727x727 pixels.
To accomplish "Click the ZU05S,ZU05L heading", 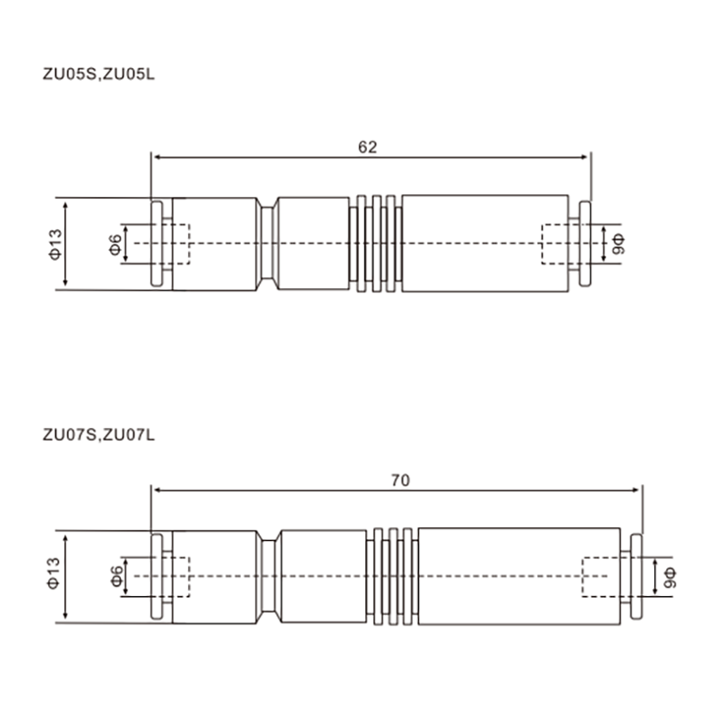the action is (98, 75).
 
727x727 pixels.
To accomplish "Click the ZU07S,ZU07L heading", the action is (98, 435).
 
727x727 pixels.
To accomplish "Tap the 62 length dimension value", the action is (368, 147).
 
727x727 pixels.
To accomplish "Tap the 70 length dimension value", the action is (400, 481).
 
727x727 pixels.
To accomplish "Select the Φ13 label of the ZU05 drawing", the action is (55, 244).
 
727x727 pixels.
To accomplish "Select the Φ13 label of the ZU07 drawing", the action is (54, 573).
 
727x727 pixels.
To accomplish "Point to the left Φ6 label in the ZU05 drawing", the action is (115, 244).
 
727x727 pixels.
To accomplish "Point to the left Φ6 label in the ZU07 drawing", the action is (117, 576).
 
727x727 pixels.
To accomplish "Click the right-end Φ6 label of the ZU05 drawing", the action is (619, 244).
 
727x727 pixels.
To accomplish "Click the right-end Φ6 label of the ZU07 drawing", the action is (670, 578).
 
